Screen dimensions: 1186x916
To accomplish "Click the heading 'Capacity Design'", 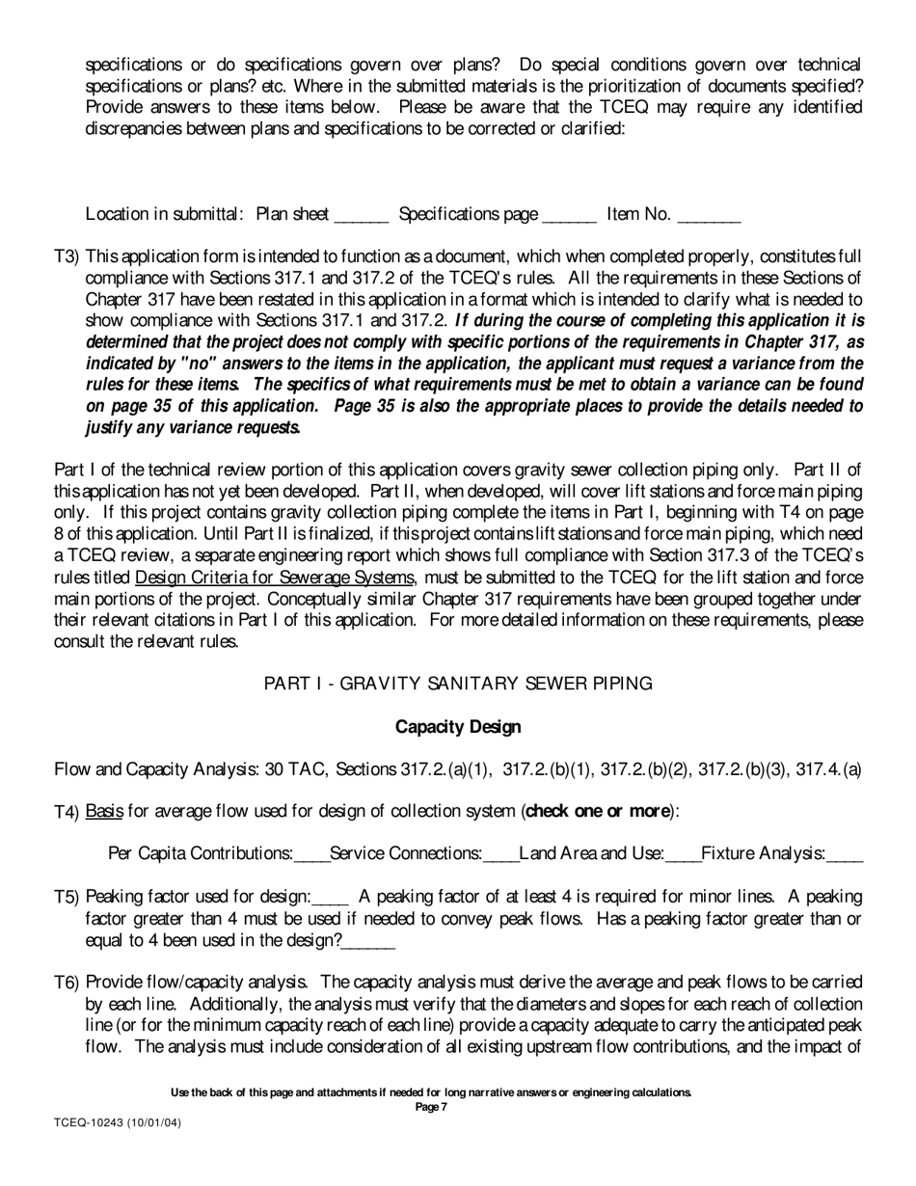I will pyautogui.click(x=458, y=727).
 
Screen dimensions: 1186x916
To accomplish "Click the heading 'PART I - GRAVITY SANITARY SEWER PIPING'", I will pyautogui.click(x=458, y=684).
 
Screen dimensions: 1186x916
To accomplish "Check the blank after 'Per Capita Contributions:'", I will pyautogui.click(x=311, y=856).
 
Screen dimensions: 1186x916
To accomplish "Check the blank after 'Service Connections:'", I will pyautogui.click(x=500, y=856).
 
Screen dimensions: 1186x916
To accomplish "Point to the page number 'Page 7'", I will pyautogui.click(x=431, y=1108).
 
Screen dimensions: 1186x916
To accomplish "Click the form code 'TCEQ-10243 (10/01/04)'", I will pyautogui.click(x=117, y=1123).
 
